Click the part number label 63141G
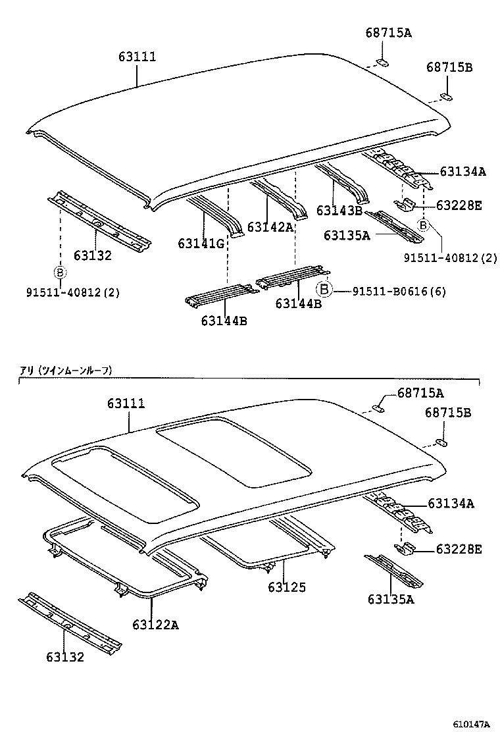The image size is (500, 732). [x=201, y=244]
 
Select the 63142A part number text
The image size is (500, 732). [x=270, y=227]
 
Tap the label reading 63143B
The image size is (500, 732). [x=339, y=211]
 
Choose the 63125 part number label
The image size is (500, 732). [x=287, y=587]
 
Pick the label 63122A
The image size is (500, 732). [x=155, y=624]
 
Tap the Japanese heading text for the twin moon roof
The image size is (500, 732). [x=66, y=371]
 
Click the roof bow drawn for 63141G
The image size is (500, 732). [x=214, y=214]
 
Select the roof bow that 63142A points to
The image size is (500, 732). [x=280, y=197]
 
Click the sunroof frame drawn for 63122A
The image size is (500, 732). [x=125, y=560]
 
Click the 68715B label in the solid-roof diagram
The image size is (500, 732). [x=449, y=67]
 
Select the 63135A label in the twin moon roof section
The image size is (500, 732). [x=391, y=598]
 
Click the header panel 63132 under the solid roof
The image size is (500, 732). [x=99, y=221]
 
